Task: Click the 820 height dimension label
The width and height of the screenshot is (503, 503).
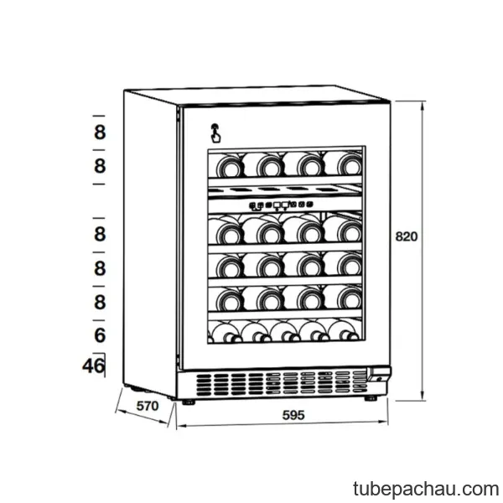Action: pyautogui.click(x=407, y=236)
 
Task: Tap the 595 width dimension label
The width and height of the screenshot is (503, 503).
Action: pyautogui.click(x=293, y=415)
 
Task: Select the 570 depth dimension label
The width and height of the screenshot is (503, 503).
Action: pyautogui.click(x=148, y=406)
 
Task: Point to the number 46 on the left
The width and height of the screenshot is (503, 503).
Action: pyautogui.click(x=93, y=366)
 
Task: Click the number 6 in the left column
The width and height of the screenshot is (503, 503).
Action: pyautogui.click(x=100, y=335)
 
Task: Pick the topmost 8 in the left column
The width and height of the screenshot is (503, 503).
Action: pyautogui.click(x=100, y=132)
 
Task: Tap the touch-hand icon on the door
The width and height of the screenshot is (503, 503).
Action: pyautogui.click(x=215, y=133)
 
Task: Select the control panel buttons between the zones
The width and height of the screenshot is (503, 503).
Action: pyautogui.click(x=281, y=205)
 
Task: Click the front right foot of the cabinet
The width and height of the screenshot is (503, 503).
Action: pyautogui.click(x=371, y=398)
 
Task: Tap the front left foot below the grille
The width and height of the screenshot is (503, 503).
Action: pyautogui.click(x=188, y=402)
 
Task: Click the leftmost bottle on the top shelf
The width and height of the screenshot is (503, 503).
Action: pyautogui.click(x=229, y=166)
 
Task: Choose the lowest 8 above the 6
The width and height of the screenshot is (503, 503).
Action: pyautogui.click(x=100, y=302)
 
